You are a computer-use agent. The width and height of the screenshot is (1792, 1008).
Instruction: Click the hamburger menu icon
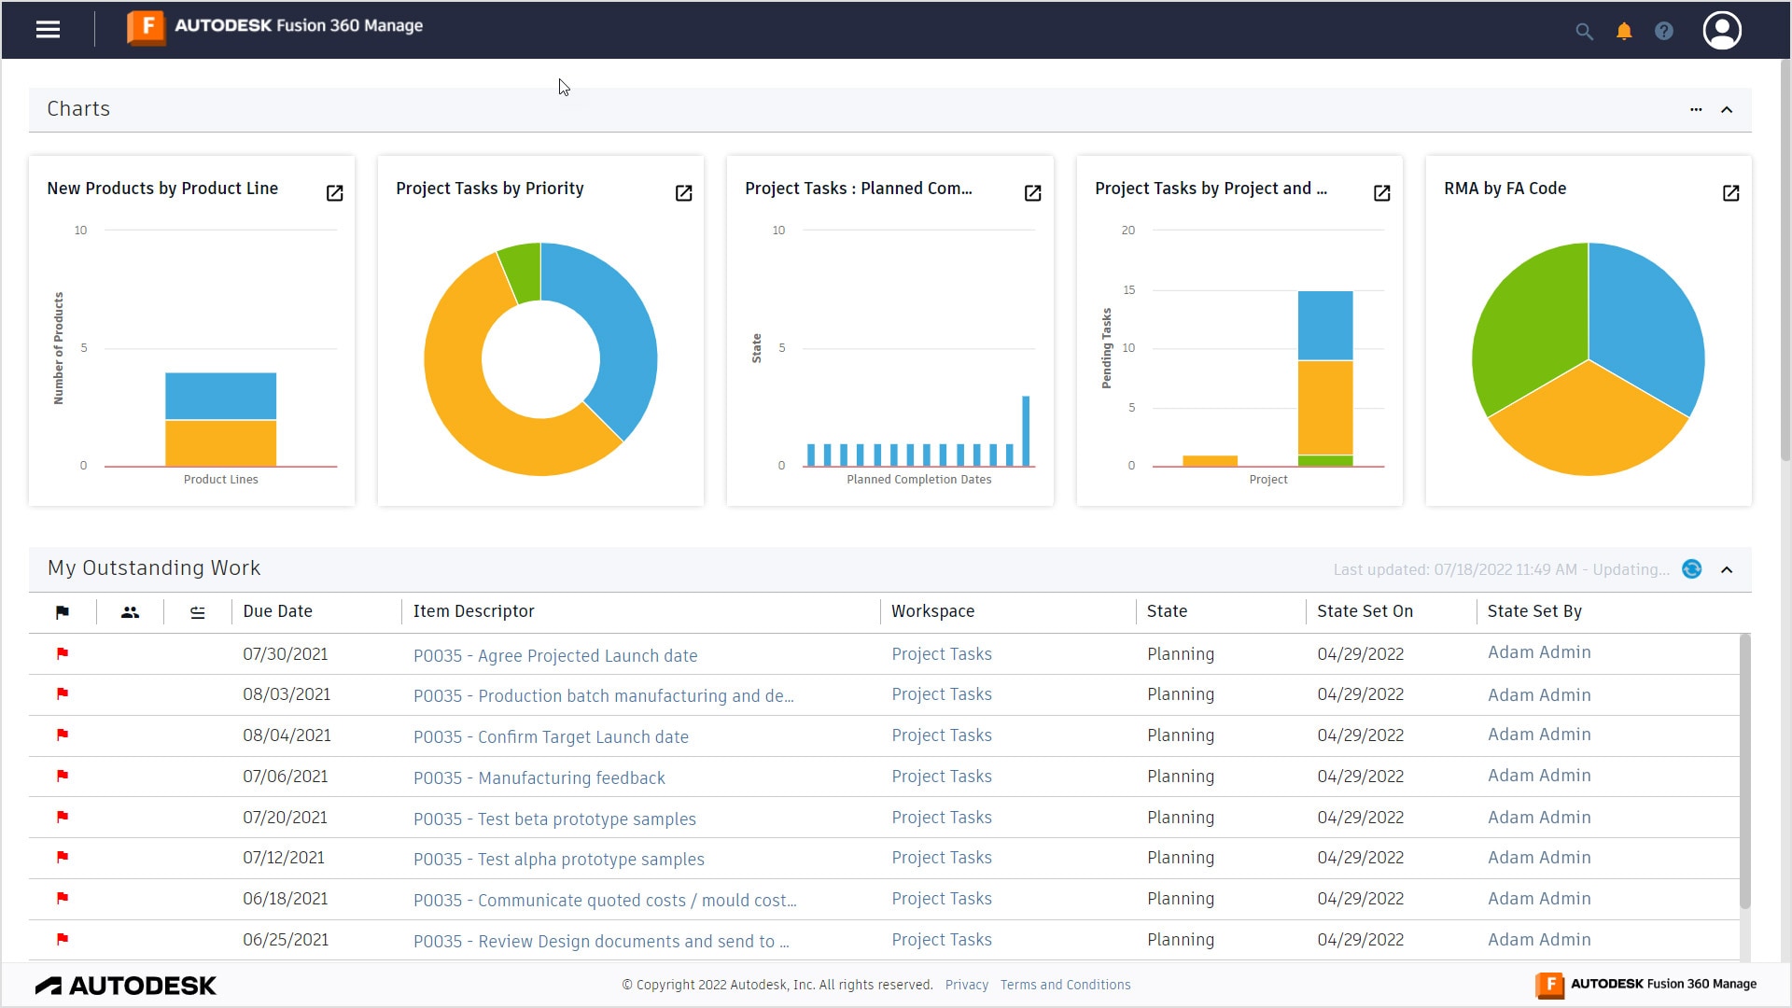(48, 30)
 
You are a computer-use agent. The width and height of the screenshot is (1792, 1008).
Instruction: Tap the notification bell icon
(1624, 32)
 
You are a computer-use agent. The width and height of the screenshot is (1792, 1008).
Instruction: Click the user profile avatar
(1721, 31)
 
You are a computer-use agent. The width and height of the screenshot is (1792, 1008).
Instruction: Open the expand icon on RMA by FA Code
(1730, 193)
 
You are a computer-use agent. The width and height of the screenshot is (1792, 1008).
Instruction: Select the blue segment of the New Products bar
(220, 396)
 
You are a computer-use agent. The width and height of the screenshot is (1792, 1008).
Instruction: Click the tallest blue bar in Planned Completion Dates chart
(1026, 430)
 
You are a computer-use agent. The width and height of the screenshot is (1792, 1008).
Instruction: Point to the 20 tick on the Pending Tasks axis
(1128, 231)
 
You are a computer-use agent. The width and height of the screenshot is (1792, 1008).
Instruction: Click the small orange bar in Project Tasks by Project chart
(1210, 460)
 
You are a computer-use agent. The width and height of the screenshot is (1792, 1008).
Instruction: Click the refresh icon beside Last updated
(1691, 569)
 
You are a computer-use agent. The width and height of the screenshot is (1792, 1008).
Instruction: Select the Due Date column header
(277, 611)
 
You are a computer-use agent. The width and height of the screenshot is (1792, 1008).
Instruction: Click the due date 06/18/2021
(285, 899)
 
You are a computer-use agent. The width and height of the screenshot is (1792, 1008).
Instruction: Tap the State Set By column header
(1533, 611)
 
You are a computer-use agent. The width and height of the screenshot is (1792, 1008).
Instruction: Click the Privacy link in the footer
(966, 985)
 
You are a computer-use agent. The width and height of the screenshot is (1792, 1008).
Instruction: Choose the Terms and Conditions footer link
(1065, 985)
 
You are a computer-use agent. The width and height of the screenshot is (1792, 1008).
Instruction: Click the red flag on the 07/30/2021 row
(63, 653)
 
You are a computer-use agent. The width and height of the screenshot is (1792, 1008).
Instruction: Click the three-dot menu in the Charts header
(1696, 109)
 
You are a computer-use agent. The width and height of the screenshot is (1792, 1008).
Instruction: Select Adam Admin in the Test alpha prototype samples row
(1538, 858)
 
